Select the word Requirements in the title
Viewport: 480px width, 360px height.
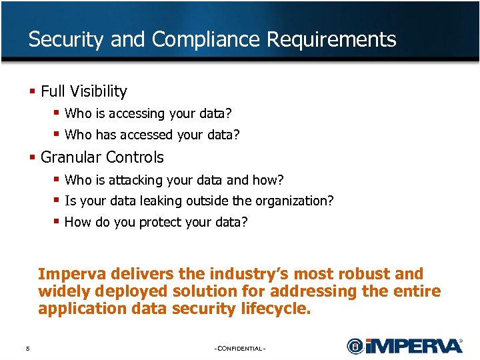331,40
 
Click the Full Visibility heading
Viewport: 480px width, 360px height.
83,91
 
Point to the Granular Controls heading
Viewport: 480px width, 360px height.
102,157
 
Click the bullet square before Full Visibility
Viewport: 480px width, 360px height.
32,91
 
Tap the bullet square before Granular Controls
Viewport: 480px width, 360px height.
32,157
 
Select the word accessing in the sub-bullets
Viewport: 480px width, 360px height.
137,114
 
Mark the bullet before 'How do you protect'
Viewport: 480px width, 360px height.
57,221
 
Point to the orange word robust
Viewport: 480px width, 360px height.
367,274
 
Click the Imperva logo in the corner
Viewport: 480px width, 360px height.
404,345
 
